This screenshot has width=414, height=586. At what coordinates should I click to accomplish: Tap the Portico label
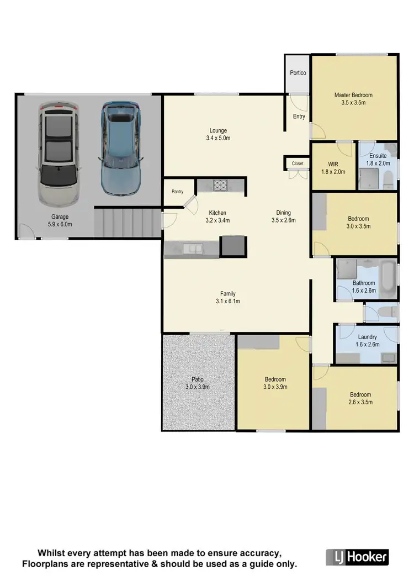[x=298, y=73]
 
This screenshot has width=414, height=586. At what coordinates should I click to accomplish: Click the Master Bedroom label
[x=353, y=95]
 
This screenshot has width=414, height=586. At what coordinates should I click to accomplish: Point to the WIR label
[x=332, y=164]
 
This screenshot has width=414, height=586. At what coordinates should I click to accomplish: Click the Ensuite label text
[x=378, y=156]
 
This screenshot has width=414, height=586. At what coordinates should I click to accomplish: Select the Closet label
[x=298, y=163]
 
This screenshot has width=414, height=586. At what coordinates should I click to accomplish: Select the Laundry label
[x=367, y=337]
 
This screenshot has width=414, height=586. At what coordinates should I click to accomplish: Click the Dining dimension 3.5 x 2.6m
[x=284, y=220]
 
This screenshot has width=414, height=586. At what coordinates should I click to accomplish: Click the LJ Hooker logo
[x=357, y=557]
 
